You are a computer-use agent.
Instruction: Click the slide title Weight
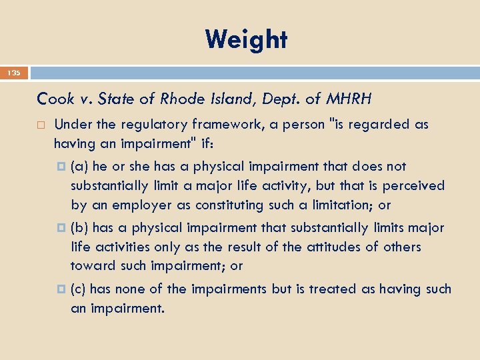tap(246, 39)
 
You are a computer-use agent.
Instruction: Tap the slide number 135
tap(15, 73)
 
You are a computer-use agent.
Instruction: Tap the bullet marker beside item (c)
tap(61, 290)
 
